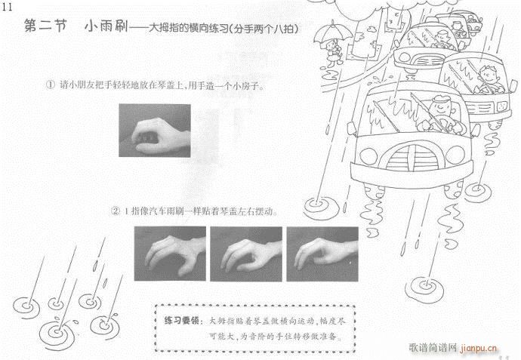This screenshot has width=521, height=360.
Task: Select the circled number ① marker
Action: pos(51,86)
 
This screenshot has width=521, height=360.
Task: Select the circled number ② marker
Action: pos(116,211)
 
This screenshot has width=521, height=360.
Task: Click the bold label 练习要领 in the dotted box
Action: pos(182,320)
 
